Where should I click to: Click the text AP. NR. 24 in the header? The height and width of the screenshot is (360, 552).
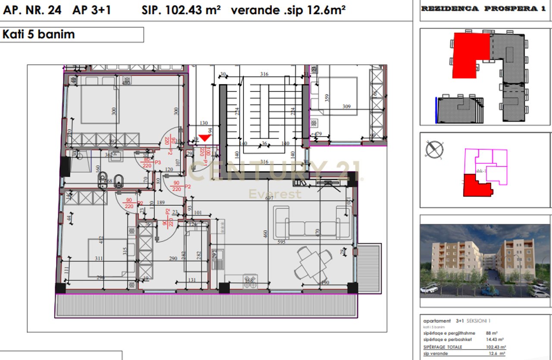point(32,10)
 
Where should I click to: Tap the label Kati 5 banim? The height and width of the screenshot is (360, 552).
point(39,35)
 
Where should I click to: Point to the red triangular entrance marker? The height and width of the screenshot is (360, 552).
point(204,138)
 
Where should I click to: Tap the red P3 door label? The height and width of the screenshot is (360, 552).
point(157,162)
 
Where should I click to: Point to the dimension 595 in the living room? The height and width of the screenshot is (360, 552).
point(281,243)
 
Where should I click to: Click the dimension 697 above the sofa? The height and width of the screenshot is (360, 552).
point(270,198)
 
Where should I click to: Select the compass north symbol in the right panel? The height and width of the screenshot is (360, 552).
point(434,150)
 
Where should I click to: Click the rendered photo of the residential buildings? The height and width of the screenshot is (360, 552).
point(485,261)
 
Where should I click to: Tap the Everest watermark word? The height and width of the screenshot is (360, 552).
point(275,194)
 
